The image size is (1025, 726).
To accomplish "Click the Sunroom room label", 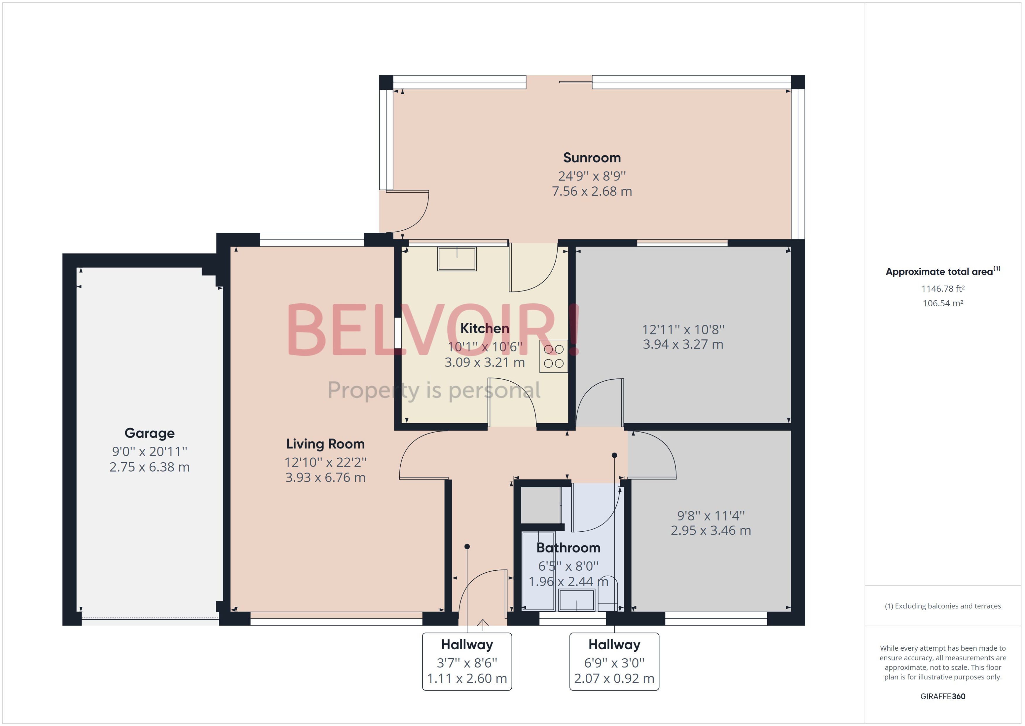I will click(592, 158).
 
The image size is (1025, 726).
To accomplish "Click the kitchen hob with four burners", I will click(553, 356).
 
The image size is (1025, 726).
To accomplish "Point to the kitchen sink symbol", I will click(457, 259).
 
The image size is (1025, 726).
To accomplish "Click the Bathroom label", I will click(568, 548).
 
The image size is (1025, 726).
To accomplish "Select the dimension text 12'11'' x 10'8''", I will click(683, 329).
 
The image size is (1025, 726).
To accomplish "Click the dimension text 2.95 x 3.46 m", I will click(710, 530).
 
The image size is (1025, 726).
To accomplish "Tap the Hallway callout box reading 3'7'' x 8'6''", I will click(467, 661).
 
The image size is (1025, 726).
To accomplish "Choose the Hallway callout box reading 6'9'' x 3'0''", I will click(614, 661).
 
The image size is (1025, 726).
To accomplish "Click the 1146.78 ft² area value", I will click(942, 289).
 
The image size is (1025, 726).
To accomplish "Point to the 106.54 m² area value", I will click(942, 303).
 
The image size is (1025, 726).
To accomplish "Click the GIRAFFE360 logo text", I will click(942, 696).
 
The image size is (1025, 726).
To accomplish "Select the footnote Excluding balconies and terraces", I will click(942, 606).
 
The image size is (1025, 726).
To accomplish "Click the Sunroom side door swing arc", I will click(420, 217).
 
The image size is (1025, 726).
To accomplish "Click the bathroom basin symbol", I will click(576, 600).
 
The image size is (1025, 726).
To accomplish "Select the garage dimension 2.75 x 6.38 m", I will click(150, 467).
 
